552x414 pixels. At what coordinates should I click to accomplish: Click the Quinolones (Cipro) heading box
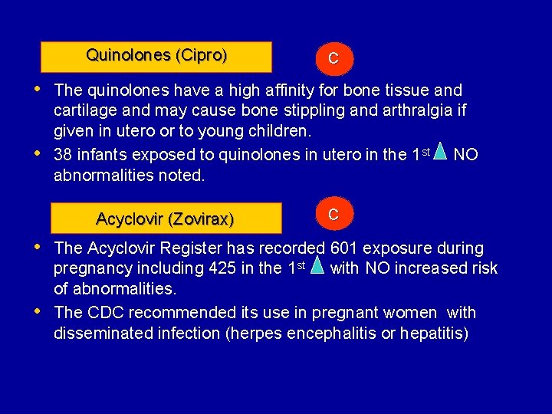[x=156, y=56]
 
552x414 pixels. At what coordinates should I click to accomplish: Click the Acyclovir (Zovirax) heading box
[x=165, y=219]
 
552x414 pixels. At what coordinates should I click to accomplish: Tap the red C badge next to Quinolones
[x=333, y=58]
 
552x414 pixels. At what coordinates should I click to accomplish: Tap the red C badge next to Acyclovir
[x=333, y=214]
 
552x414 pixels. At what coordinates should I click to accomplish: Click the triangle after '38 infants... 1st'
[x=439, y=152]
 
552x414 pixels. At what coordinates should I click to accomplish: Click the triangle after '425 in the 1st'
[x=317, y=265]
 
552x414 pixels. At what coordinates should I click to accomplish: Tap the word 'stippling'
[x=313, y=110]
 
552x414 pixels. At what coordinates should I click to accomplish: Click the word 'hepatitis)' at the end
[x=433, y=333]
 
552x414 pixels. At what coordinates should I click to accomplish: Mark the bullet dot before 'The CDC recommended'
[x=38, y=311]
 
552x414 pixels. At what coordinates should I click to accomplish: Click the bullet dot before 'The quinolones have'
[x=38, y=89]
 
